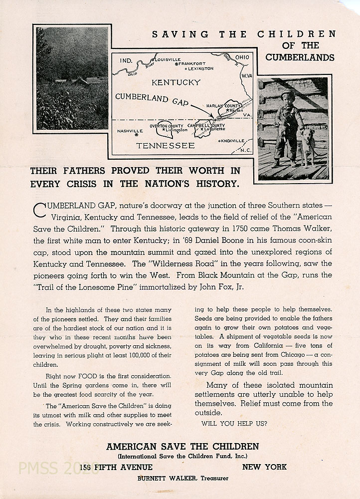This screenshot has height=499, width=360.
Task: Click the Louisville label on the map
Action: point(169,59)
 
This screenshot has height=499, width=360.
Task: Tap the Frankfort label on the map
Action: point(192,63)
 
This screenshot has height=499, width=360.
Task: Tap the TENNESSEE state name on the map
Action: point(166,146)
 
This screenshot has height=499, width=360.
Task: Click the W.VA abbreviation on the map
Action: point(247,76)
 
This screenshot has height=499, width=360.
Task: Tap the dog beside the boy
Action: point(308,144)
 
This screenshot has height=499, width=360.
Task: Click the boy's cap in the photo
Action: point(288,95)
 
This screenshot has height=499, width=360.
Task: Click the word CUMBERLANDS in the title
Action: point(300,57)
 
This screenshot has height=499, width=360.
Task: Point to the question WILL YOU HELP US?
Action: point(234,424)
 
